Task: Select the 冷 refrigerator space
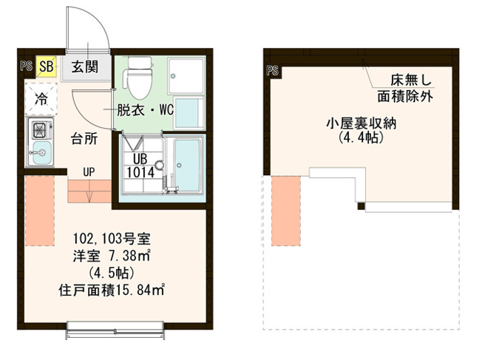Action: [x=40, y=98]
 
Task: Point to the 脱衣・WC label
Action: [x=145, y=111]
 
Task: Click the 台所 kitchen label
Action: [x=83, y=138]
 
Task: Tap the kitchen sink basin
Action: [x=39, y=154]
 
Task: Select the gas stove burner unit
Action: [x=38, y=131]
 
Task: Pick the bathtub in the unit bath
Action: [x=187, y=166]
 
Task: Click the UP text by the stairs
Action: [x=88, y=173]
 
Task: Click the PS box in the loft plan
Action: [x=271, y=71]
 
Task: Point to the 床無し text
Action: [x=404, y=80]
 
